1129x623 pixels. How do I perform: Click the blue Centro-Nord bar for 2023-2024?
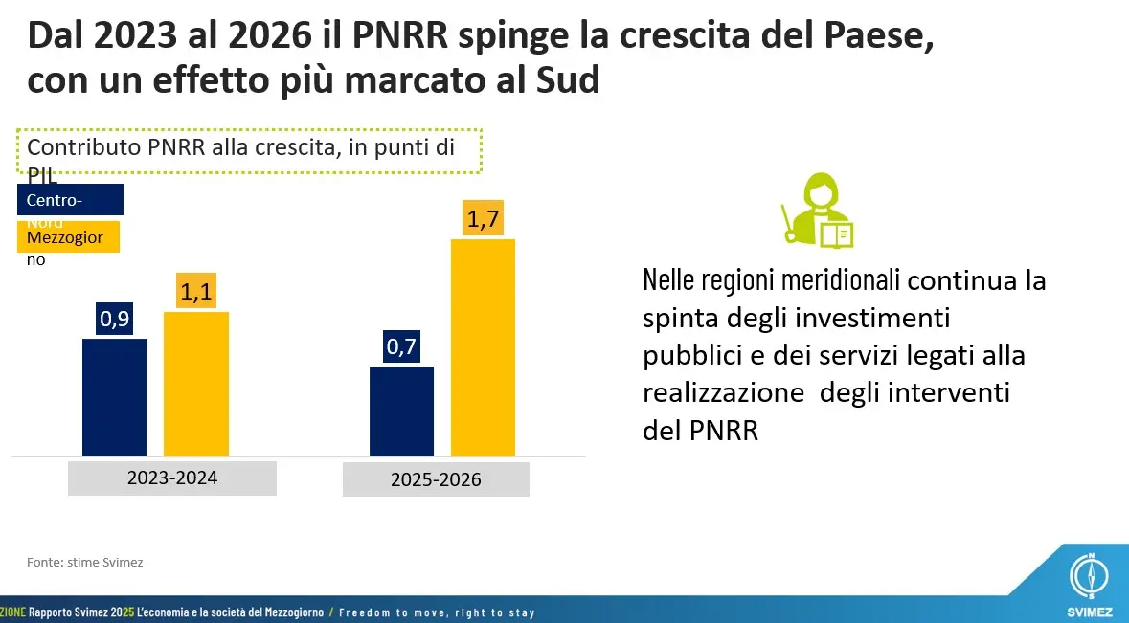[114, 397]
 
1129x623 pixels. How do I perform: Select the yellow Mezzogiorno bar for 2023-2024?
[196, 384]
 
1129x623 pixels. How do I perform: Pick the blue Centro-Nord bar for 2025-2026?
[401, 411]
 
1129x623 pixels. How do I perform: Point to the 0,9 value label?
[114, 320]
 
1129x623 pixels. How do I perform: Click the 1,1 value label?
[196, 291]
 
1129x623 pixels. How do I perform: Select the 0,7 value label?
[401, 346]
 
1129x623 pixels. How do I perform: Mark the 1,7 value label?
[483, 219]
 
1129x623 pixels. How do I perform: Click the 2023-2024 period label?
[172, 478]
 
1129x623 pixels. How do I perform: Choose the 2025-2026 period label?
[436, 479]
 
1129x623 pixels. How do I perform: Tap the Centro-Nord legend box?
[71, 200]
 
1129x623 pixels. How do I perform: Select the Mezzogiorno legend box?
[67, 236]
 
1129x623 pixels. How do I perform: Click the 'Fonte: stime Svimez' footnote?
[83, 562]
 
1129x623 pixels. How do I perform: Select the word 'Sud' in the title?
[566, 80]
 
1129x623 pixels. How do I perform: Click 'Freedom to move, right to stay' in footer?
[437, 612]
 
